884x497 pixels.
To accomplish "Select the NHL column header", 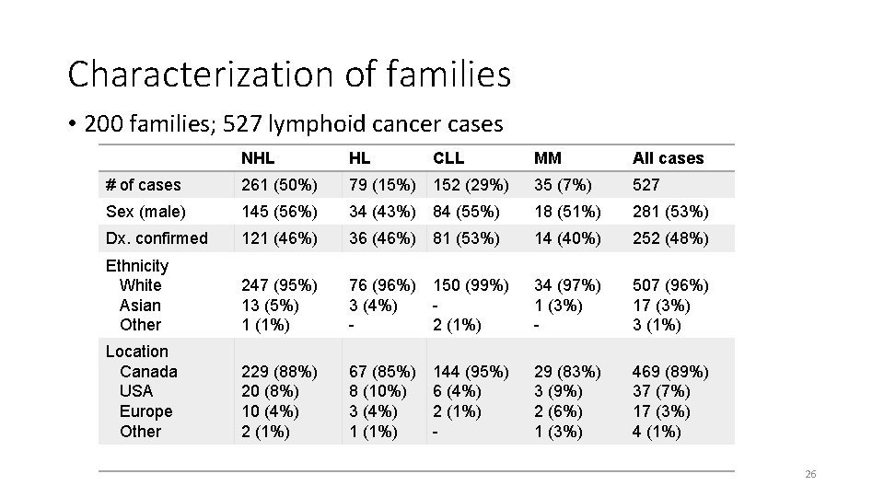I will [258, 158].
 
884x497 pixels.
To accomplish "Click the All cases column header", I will [668, 158].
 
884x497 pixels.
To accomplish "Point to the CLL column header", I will [449, 158].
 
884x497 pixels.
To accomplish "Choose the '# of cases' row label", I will [144, 185].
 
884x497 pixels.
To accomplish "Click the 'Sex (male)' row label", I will [145, 212].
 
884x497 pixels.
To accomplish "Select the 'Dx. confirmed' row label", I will [157, 238].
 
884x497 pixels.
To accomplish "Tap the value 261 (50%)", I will [279, 185].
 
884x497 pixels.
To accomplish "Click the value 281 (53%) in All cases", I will [670, 212].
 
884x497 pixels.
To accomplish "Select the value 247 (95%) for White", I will [279, 285].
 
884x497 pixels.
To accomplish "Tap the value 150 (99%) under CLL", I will [471, 285].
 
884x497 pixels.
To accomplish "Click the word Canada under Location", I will [148, 372].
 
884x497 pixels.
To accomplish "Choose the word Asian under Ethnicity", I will [140, 306].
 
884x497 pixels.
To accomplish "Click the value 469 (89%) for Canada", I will [670, 372].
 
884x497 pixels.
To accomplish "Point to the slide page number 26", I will [810, 474].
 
